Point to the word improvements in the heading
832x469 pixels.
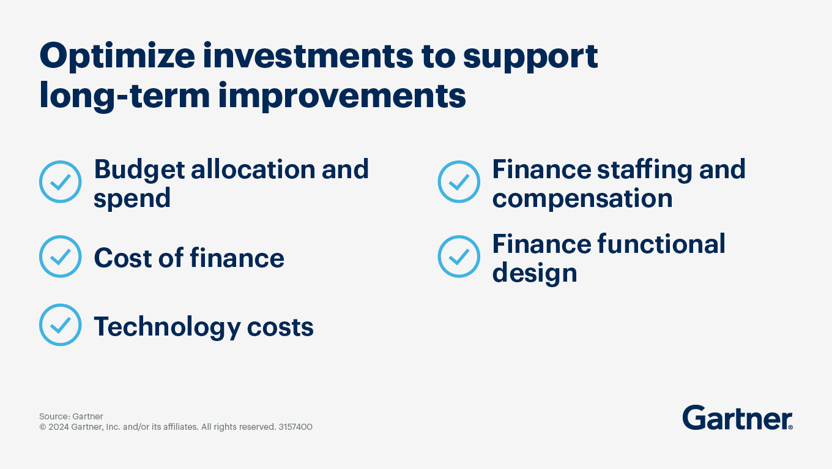[343, 96]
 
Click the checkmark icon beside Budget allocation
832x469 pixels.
[60, 182]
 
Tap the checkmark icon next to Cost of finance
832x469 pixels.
[60, 257]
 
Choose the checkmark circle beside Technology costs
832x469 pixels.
[60, 325]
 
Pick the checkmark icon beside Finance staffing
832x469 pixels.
[459, 182]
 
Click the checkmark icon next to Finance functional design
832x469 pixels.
[459, 257]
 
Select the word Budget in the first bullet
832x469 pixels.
[138, 169]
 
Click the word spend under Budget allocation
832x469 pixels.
[132, 198]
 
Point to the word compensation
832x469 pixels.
[582, 198]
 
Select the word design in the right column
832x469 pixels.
[535, 273]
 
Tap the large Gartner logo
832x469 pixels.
[737, 418]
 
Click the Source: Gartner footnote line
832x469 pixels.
[71, 416]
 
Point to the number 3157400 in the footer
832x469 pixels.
[295, 427]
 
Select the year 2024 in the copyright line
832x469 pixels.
[59, 427]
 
